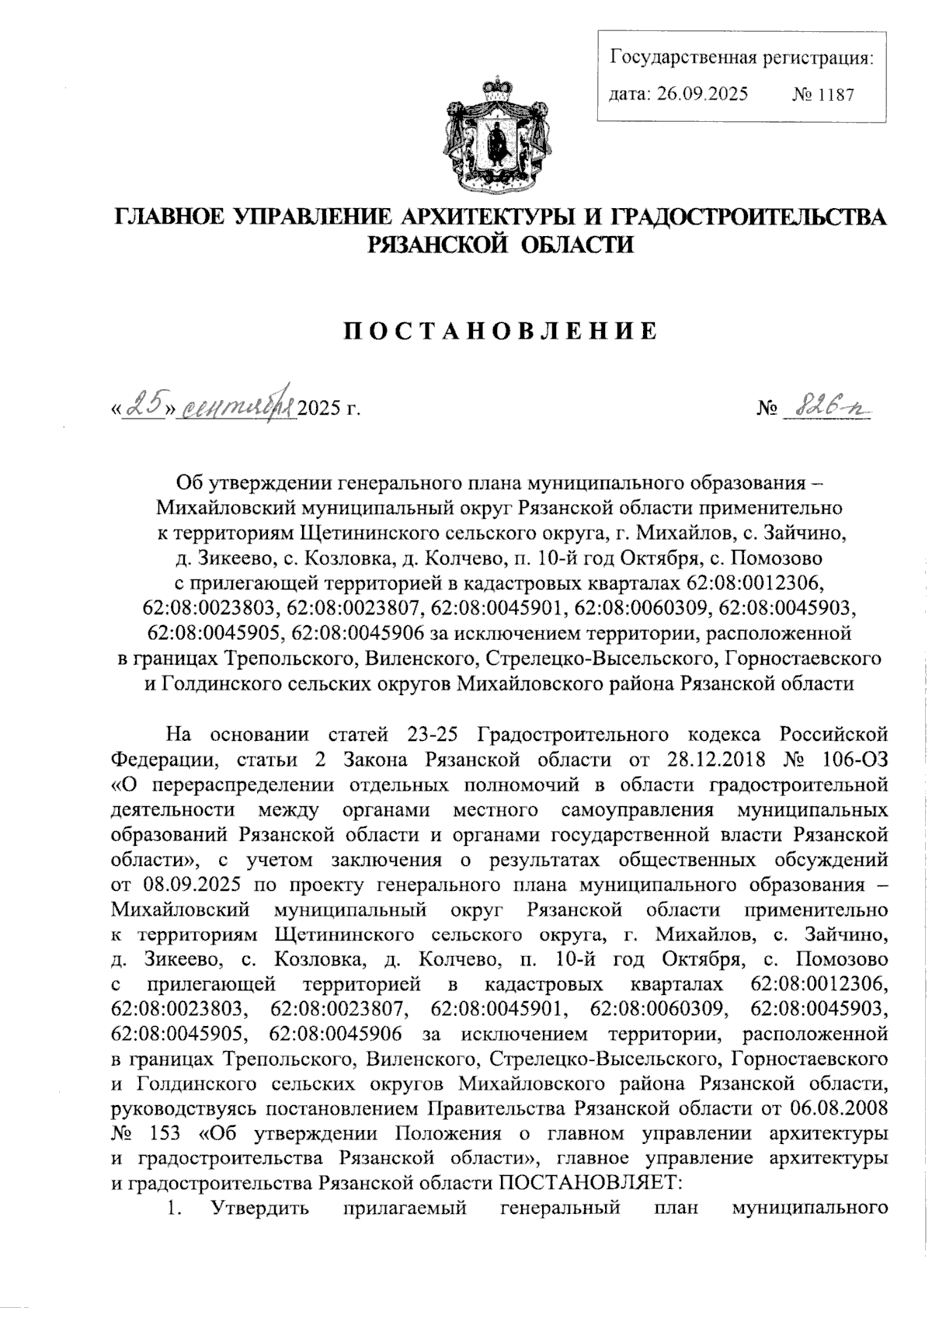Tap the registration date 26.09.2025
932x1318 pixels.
(x=701, y=95)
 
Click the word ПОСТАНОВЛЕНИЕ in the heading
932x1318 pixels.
(x=500, y=332)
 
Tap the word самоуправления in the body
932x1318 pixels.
(x=636, y=809)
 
